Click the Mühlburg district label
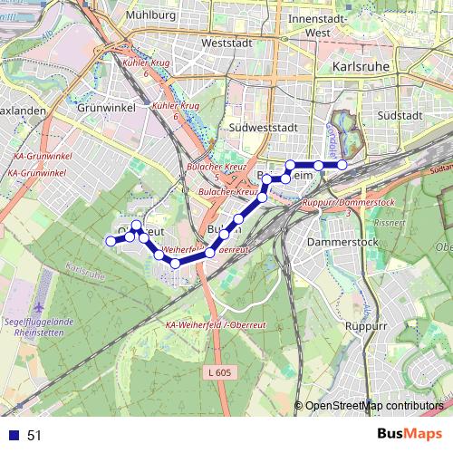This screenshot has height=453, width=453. coord(151,15)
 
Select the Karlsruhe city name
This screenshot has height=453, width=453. coord(361,67)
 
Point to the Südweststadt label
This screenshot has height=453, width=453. coord(263,128)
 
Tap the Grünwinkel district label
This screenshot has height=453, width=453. coord(108,106)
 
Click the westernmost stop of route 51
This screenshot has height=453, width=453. coord(111,241)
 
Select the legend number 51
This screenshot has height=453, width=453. coord(34,436)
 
